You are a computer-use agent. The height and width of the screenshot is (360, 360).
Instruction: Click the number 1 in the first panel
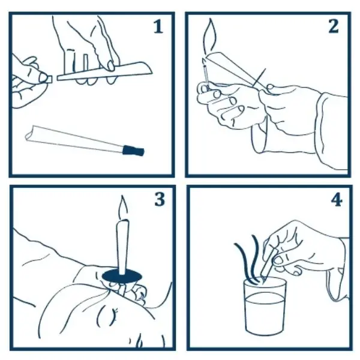coord(158,27)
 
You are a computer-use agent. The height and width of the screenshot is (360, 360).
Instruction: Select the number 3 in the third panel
coord(159,200)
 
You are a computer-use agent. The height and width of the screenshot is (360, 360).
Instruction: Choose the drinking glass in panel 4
coord(265,306)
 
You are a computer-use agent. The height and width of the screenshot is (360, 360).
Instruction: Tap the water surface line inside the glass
coord(265,294)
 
